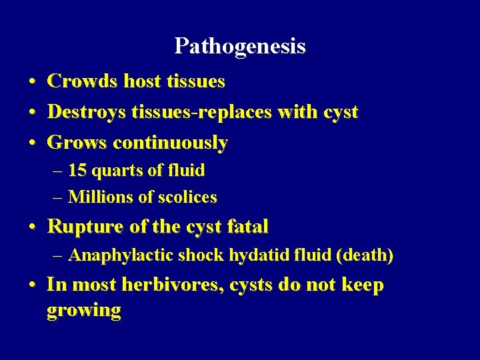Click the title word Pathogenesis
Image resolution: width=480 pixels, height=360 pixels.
coord(240,46)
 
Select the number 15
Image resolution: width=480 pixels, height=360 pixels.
coord(77,171)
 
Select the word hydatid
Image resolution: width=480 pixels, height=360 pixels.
coord(253,255)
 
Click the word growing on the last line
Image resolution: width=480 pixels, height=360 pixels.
coord(84,310)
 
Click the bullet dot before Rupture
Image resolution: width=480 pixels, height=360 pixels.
coord(31,227)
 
